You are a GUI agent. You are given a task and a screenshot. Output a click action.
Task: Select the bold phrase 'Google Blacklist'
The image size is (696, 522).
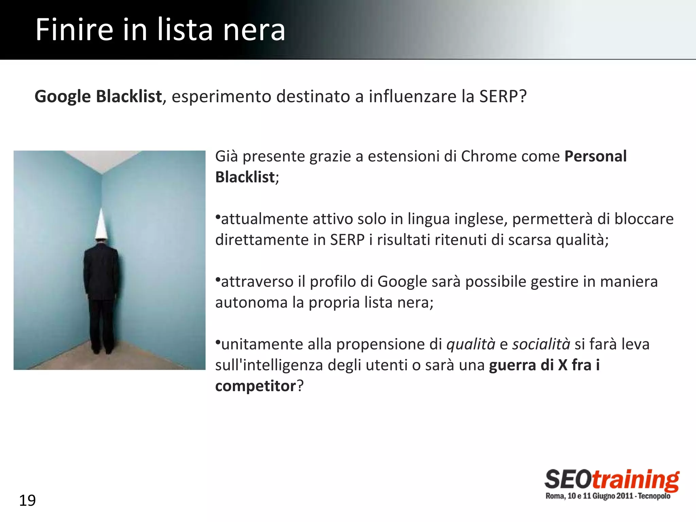(x=98, y=97)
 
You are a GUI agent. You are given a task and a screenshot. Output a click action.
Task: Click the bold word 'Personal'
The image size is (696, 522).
(x=595, y=157)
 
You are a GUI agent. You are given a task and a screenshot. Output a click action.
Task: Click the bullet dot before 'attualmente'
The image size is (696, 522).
(x=218, y=217)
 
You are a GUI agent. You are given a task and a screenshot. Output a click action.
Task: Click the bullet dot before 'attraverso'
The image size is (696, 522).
(x=218, y=279)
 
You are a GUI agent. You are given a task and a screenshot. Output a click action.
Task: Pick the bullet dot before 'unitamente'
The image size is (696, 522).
(x=218, y=342)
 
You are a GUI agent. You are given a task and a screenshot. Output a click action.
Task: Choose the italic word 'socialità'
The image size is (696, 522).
(x=541, y=344)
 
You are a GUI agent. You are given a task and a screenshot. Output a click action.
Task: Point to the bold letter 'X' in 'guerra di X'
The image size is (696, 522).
(x=562, y=365)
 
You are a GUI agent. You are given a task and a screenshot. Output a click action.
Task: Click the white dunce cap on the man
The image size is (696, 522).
(x=101, y=224)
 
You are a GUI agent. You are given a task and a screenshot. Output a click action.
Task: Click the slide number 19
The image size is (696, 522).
(x=27, y=501)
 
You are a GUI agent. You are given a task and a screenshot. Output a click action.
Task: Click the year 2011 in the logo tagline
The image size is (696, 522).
(x=625, y=496)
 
